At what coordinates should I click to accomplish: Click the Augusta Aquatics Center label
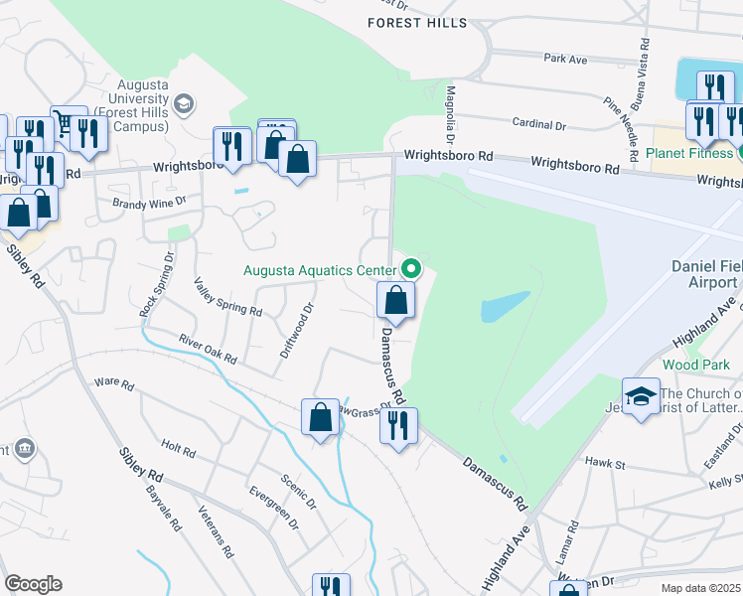tap(322, 269)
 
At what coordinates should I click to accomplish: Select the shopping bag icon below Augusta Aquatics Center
tap(395, 300)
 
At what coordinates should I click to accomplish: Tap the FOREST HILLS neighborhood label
tap(417, 22)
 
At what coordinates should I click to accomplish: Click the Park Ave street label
tap(566, 59)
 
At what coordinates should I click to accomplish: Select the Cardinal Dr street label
tap(539, 126)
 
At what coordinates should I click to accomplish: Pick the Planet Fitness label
tap(688, 153)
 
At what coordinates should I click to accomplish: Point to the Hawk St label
tap(603, 463)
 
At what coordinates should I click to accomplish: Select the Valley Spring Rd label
tap(227, 296)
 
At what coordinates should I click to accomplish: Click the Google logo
tap(33, 584)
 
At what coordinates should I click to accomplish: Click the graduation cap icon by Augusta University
tap(184, 102)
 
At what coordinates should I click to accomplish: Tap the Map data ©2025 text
tap(701, 588)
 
